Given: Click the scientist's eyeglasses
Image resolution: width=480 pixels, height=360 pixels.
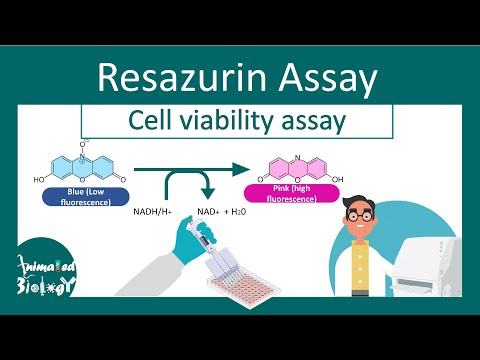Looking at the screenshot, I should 360,215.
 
